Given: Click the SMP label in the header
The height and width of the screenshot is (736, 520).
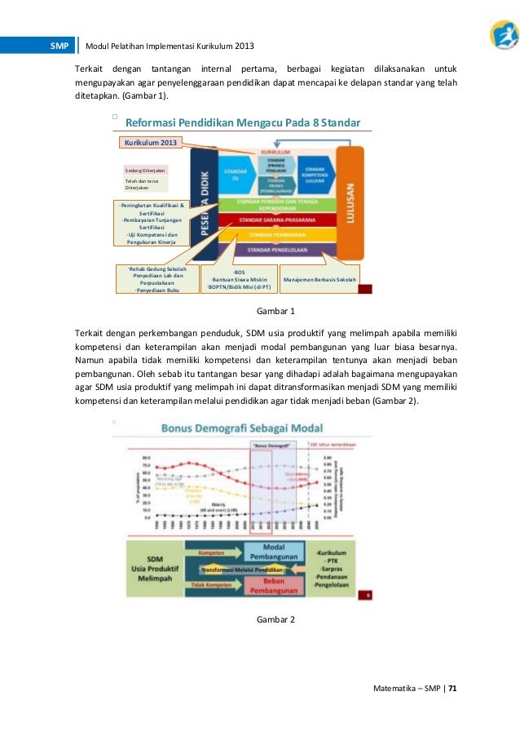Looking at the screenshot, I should (x=59, y=46).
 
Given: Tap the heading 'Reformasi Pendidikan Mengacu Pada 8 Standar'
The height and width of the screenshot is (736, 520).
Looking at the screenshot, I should (x=242, y=123).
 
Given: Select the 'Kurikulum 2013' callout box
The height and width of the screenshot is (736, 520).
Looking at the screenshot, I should (x=151, y=143).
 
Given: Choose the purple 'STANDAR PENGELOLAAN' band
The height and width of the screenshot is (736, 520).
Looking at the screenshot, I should (x=281, y=249).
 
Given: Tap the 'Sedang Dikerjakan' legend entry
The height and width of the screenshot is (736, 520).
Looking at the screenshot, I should (x=145, y=171).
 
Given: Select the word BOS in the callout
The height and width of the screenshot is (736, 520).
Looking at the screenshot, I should (x=239, y=271).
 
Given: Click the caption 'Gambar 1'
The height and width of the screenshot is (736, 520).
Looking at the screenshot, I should (x=275, y=312).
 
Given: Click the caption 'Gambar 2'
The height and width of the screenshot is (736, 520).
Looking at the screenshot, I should (x=275, y=620).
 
